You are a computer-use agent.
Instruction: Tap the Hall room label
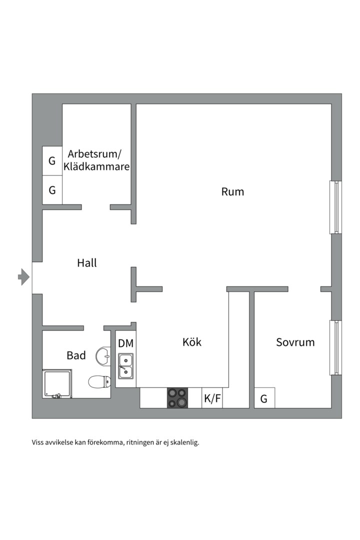pyautogui.click(x=87, y=262)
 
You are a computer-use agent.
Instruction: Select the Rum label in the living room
pyautogui.click(x=232, y=191)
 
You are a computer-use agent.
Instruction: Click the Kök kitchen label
pyautogui.click(x=192, y=342)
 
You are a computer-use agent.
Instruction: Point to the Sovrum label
pyautogui.click(x=295, y=342)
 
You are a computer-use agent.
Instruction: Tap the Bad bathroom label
pyautogui.click(x=76, y=355)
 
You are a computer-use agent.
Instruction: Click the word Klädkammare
pyautogui.click(x=96, y=166)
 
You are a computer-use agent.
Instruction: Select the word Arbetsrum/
pyautogui.click(x=95, y=153)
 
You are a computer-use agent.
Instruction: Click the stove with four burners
pyautogui.click(x=177, y=398)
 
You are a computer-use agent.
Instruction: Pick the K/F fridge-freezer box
pyautogui.click(x=212, y=398)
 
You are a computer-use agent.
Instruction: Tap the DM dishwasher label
pyautogui.click(x=125, y=343)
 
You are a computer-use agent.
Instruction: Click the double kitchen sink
pyautogui.click(x=125, y=365)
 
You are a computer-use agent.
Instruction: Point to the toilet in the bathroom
pyautogui.click(x=99, y=382)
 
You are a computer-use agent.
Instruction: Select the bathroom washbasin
pyautogui.click(x=103, y=356)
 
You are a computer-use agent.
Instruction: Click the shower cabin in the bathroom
pyautogui.click(x=57, y=383)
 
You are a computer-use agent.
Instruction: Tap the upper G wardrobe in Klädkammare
pyautogui.click(x=52, y=161)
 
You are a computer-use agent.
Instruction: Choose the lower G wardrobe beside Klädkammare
pyautogui.click(x=52, y=190)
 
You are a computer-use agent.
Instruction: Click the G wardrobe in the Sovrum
pyautogui.click(x=264, y=398)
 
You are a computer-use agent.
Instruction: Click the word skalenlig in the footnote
pyautogui.click(x=183, y=442)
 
